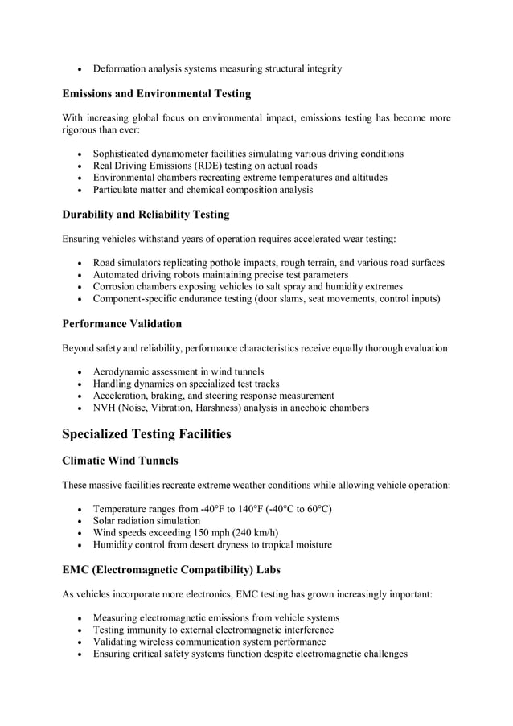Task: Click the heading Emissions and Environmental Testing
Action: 156,94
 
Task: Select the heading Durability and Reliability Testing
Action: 146,215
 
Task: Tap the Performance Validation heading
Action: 121,324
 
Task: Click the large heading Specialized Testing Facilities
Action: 146,434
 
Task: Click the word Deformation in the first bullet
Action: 123,68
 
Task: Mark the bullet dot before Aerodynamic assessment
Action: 79,372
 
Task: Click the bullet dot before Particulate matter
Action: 79,191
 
